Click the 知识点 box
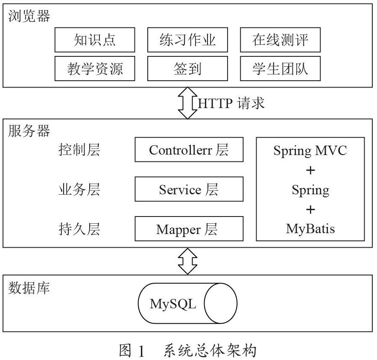(x=95, y=40)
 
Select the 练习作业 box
(x=187, y=40)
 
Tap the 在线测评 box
(x=281, y=40)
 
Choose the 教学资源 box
(x=95, y=68)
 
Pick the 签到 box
(x=187, y=68)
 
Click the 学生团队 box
(x=281, y=68)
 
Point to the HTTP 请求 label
(x=231, y=103)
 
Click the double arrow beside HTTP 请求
(x=187, y=103)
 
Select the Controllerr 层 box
(x=189, y=149)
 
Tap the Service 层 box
(x=189, y=189)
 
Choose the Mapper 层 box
(x=189, y=229)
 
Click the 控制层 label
(x=79, y=149)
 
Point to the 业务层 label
(x=79, y=189)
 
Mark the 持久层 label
(x=79, y=229)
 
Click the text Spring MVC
(x=310, y=151)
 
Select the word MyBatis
(x=310, y=229)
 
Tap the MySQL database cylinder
(x=187, y=303)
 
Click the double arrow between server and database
(x=187, y=261)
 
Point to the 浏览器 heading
(x=29, y=16)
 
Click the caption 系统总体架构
(x=210, y=350)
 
